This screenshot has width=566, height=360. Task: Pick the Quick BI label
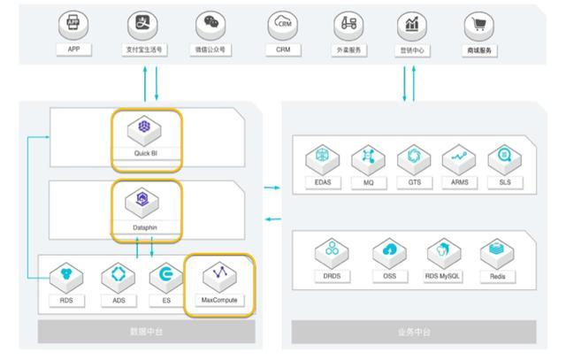147,152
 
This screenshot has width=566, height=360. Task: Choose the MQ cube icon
368,158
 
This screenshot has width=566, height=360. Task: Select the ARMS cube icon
458,158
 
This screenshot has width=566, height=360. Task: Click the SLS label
504,183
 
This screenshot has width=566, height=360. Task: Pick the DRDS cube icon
331,252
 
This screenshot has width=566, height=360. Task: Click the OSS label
388,276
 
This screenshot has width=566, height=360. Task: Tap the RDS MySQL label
443,276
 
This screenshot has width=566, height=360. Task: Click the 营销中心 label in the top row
411,50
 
